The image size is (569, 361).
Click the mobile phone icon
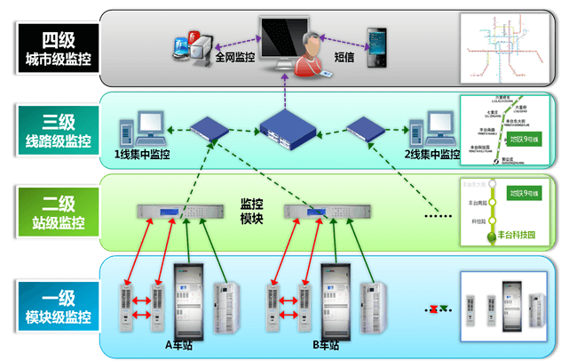(x=378, y=40)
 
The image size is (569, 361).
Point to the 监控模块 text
(x=252, y=211)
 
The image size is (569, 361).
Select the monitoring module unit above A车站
(x=172, y=212)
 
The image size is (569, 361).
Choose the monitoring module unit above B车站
(x=319, y=212)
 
